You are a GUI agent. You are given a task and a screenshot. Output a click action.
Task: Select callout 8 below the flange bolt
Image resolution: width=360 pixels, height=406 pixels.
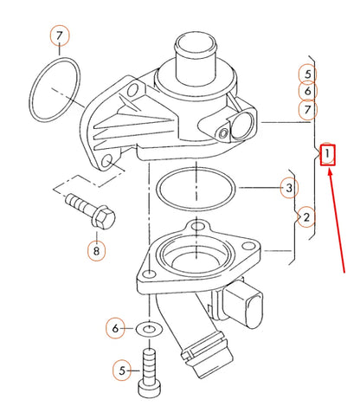point(97,251)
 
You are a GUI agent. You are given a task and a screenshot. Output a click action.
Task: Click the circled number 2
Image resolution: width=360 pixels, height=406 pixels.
point(305,216)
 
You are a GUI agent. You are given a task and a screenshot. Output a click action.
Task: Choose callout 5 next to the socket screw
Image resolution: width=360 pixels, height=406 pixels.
point(122,371)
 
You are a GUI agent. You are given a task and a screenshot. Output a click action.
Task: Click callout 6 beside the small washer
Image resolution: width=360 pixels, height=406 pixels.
point(115,328)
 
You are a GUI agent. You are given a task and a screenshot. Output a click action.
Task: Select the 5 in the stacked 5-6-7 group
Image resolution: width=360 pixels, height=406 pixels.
point(307,74)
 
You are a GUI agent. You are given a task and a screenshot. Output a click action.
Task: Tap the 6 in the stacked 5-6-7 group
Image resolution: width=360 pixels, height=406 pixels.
point(307,91)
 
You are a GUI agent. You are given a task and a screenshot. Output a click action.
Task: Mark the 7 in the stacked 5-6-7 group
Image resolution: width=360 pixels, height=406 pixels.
point(307,109)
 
